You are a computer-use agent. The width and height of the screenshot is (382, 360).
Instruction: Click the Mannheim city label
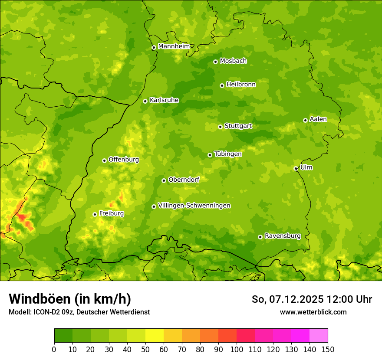174,46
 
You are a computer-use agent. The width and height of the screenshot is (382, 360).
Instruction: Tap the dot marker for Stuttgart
220,127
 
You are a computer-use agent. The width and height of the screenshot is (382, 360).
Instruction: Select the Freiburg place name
111,213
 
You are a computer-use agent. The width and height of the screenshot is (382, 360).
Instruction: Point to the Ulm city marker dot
296,168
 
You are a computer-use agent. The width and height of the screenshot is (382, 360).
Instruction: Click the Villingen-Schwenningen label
194,206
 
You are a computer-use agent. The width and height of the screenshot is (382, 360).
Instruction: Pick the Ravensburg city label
282,236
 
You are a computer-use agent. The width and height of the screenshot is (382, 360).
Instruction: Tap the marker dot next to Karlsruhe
145,101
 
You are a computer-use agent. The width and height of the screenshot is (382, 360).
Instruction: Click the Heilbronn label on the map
241,85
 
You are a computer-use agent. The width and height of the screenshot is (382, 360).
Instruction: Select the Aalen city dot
305,120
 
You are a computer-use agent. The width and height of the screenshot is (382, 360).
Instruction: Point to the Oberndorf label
184,180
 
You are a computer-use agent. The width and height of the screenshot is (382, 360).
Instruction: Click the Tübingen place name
227,154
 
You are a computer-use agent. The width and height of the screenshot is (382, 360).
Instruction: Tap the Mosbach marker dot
215,62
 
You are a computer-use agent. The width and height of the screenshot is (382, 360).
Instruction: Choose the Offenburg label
124,160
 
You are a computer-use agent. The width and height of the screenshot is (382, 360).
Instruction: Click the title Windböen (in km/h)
69,299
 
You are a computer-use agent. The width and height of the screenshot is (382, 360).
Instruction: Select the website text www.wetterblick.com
313,312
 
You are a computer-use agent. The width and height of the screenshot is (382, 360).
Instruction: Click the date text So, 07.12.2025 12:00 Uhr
312,299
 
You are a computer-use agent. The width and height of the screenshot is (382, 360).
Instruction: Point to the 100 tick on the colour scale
237,349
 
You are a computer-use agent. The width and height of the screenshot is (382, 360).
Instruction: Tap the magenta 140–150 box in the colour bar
319,335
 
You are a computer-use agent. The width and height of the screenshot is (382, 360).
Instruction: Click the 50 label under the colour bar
145,349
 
